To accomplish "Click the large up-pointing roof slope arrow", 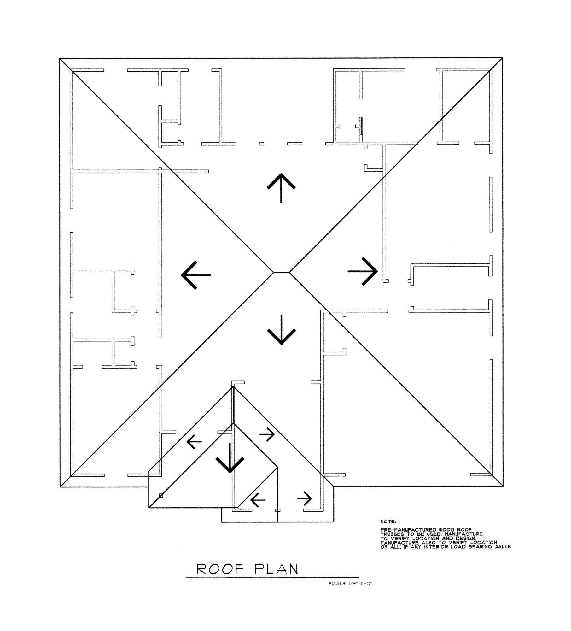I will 281,188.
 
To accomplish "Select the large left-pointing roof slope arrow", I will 195,275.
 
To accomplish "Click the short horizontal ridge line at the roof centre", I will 281,272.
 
